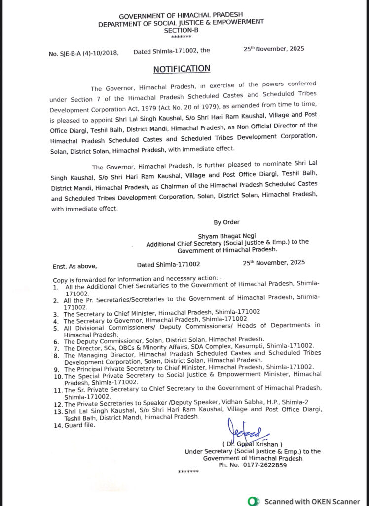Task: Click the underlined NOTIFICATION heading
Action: [x=182, y=69]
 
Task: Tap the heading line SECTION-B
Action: [x=181, y=30]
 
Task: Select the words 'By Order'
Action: [x=224, y=222]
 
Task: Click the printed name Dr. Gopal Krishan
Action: [x=253, y=444]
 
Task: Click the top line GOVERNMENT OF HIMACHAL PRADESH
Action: [x=181, y=16]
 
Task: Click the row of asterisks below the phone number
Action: [x=188, y=472]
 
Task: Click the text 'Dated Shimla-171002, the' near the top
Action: [x=172, y=50]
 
